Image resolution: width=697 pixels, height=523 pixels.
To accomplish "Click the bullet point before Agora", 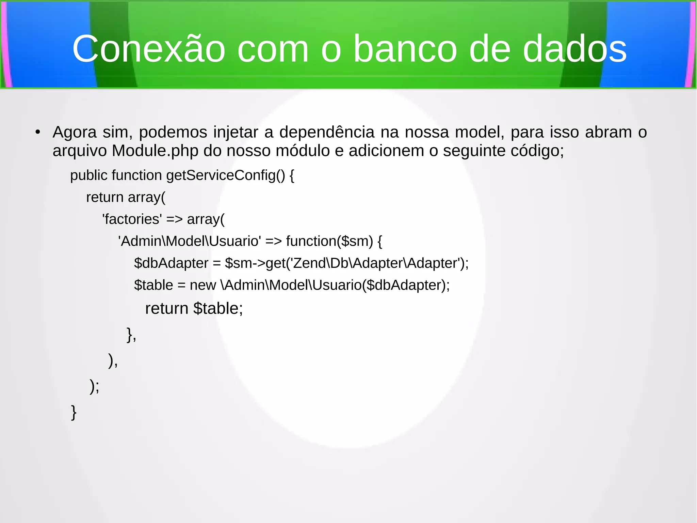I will coord(38,132).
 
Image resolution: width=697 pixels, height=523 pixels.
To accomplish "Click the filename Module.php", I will coord(155,151).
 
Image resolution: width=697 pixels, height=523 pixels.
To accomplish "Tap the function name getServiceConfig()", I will coord(225,175).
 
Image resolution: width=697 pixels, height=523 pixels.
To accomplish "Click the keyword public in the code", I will coord(88,175).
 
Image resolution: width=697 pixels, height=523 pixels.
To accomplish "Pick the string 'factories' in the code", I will coord(132,219).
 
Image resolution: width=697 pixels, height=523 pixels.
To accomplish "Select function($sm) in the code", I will coord(329,241).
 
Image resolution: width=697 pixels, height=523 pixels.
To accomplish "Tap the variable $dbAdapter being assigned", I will coord(171,263).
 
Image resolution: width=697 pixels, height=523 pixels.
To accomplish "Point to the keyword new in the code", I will coord(203,285).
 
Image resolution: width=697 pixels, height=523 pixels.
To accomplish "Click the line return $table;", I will coord(194,308).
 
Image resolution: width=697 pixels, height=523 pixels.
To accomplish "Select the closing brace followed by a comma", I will coord(131,335).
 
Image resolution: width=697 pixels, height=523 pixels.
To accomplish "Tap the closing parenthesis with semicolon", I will coord(94,386).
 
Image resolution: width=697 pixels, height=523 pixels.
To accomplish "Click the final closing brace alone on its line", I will coord(74,412).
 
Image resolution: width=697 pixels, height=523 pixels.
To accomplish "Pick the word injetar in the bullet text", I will coord(236,132).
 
